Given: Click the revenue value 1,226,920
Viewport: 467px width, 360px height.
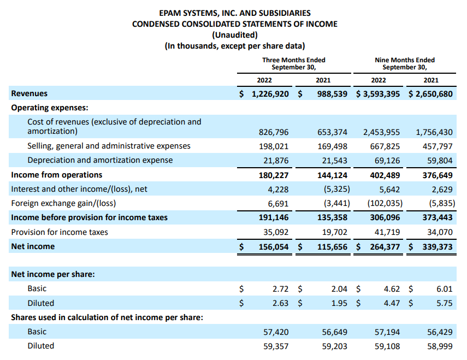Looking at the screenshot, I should click(x=270, y=94).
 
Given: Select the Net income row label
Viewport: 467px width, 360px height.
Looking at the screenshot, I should click(x=33, y=246).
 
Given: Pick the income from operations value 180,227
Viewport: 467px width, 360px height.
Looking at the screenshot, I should click(x=274, y=175).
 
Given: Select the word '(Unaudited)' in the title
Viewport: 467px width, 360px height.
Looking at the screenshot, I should click(x=234, y=35).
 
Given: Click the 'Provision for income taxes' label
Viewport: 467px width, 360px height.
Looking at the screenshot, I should click(x=60, y=232).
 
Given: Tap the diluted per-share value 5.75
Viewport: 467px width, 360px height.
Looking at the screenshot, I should click(x=445, y=303).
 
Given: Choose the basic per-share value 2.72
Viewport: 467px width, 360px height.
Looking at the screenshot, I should click(x=280, y=288).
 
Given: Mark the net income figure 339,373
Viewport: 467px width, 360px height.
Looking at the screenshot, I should click(x=438, y=246).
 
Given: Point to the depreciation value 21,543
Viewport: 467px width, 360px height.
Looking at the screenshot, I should click(x=332, y=160).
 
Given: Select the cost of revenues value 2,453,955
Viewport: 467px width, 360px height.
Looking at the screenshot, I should click(x=381, y=132).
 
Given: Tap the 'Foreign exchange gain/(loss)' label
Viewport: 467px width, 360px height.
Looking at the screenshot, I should click(x=62, y=203).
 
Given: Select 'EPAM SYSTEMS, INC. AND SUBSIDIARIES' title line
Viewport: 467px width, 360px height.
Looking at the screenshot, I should click(x=234, y=13).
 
